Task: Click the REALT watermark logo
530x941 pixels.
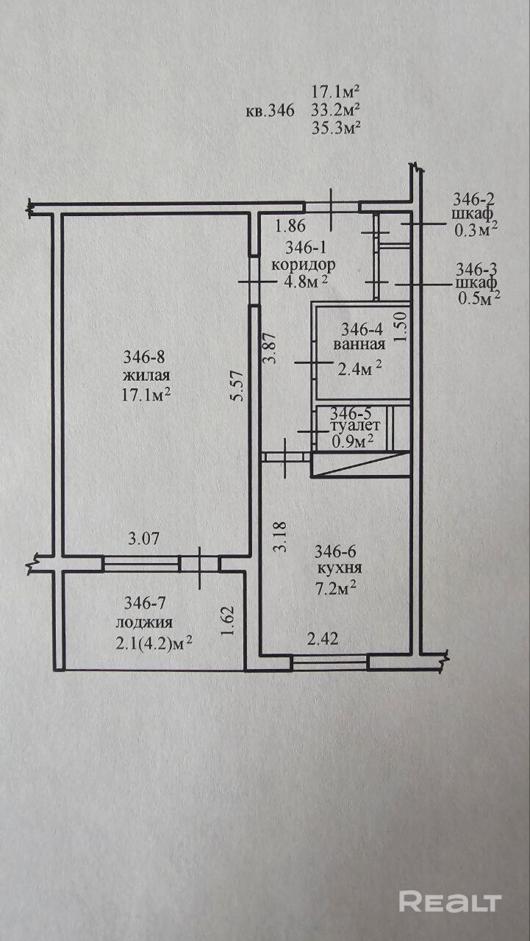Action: coord(450,901)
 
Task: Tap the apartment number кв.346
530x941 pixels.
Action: coord(269,112)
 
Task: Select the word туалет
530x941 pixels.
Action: coord(356,426)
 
